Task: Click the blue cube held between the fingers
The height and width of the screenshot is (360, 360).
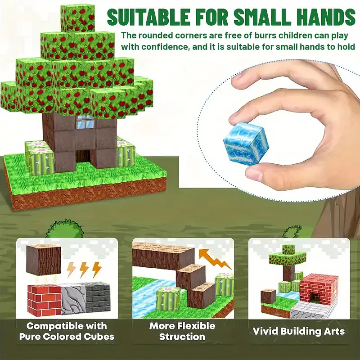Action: (246, 144)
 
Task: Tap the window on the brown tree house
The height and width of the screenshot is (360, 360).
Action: (85, 121)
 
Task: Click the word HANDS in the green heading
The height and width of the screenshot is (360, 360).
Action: (327, 17)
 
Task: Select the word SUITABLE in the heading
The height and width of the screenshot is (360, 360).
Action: (148, 17)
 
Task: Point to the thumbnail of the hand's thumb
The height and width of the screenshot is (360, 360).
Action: (254, 175)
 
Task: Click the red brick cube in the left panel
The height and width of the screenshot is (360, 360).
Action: (44, 300)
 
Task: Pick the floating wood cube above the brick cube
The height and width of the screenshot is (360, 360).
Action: (43, 260)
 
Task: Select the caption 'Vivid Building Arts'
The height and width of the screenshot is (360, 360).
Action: (299, 331)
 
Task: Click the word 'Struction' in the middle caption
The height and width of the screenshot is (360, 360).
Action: (182, 337)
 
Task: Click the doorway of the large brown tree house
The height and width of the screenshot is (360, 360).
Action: (83, 156)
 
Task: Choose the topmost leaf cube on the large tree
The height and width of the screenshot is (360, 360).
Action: (77, 18)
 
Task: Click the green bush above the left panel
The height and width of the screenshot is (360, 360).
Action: (64, 229)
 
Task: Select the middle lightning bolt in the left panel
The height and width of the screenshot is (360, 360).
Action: (84, 269)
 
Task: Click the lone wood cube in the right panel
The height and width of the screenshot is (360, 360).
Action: (268, 296)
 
